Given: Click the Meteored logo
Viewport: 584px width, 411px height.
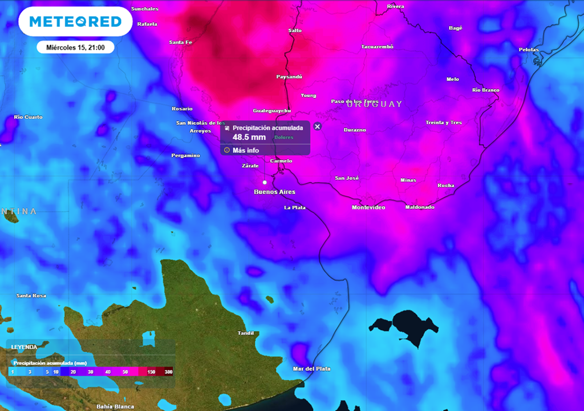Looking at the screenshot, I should point(75,22).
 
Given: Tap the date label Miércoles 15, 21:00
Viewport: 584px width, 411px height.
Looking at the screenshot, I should point(76,47).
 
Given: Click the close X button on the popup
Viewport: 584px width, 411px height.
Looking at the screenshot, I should point(318,127).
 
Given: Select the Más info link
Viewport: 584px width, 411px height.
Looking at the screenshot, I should point(245,150).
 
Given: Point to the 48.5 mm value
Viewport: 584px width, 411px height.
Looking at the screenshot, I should point(249,138).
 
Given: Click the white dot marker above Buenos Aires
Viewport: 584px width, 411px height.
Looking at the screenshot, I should point(265,182).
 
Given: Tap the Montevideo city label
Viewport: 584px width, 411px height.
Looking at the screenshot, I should point(368,207).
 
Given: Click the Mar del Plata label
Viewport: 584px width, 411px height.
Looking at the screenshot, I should point(311,369).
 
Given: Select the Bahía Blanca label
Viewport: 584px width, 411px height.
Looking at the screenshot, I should point(115,406).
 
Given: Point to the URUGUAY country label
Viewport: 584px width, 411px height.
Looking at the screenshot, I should point(374,104).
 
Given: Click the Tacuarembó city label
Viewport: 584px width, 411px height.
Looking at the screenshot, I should point(377,47).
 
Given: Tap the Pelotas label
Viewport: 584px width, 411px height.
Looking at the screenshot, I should point(529,50).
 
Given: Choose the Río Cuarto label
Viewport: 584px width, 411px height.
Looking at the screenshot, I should point(29,117).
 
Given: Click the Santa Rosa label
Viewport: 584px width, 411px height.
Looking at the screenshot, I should point(31,296).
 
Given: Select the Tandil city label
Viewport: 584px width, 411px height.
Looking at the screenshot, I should point(246,333).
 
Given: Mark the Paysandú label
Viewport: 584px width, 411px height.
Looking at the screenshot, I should point(289,76).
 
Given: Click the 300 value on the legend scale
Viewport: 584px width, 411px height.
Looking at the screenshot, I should point(168,372).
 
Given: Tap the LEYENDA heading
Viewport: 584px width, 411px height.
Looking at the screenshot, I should point(24,346).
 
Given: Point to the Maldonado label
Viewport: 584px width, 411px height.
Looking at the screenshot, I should point(420,207).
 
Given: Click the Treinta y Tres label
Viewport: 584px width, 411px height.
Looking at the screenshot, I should point(444,123).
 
